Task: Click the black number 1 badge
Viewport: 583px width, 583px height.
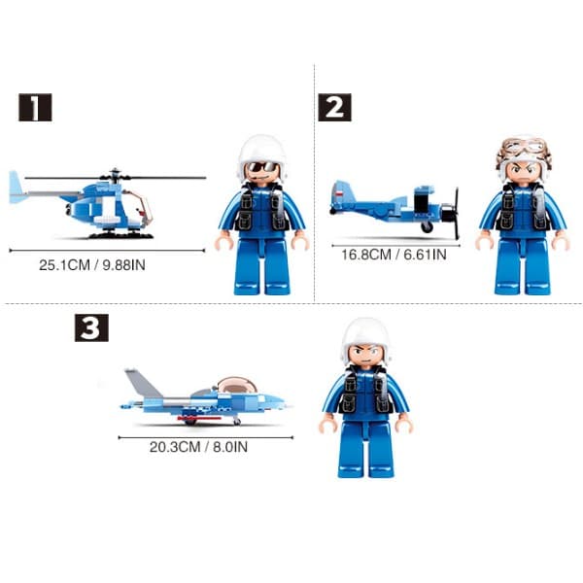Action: click(35, 107)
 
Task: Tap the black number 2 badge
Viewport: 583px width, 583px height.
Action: click(334, 107)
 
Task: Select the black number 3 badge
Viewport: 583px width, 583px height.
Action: click(91, 328)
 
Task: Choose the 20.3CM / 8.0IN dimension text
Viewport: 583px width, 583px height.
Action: click(198, 448)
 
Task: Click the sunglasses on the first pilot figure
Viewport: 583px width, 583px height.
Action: click(262, 168)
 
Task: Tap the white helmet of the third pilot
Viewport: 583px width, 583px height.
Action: click(365, 335)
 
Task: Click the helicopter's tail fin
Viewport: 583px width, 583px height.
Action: click(16, 187)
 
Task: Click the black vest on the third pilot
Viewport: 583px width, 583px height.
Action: click(365, 396)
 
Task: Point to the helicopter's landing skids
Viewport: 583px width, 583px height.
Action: click(119, 233)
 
